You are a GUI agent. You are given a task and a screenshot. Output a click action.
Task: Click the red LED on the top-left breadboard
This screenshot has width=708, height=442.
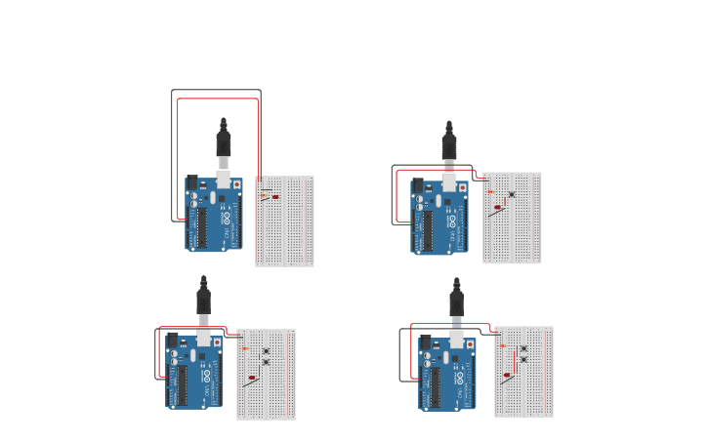275,197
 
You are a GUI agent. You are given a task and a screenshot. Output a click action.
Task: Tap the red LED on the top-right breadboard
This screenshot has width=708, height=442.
497,207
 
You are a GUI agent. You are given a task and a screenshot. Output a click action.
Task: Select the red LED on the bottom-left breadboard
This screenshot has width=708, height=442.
252,378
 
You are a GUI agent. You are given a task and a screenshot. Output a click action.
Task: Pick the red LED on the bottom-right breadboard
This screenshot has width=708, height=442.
507,375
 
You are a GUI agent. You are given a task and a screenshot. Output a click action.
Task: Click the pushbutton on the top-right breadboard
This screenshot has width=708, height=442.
511,194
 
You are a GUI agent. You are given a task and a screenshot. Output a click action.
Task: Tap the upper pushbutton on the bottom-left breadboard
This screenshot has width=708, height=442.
265,350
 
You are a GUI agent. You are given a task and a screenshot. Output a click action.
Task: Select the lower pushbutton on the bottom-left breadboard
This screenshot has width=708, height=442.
265,362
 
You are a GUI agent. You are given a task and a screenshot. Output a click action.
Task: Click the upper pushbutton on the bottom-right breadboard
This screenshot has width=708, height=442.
523,348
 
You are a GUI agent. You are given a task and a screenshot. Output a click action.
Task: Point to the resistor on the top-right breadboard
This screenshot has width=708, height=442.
490,191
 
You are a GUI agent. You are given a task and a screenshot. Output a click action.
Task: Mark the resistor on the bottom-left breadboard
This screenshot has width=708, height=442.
245,348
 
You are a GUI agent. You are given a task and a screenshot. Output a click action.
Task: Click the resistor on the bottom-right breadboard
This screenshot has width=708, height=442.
503,345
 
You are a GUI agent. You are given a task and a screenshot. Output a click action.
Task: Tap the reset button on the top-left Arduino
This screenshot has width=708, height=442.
237,183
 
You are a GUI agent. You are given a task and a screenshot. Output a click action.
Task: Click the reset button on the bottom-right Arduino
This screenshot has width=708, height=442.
471,343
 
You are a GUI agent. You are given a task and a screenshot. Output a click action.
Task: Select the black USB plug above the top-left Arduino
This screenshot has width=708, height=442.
223,142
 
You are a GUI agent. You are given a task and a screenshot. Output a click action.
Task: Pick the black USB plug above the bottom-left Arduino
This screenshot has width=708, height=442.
203,297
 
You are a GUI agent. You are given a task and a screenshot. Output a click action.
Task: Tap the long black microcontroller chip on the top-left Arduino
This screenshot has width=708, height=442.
202,226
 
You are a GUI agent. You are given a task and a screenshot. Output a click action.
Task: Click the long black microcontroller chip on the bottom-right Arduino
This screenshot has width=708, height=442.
436,386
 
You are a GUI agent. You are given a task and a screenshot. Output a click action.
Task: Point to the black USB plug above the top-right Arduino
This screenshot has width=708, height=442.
449,145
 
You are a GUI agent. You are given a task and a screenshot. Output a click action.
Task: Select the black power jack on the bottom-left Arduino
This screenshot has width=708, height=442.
172,340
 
